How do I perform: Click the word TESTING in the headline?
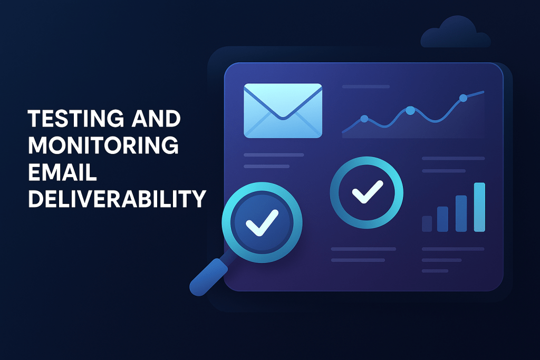[76, 119]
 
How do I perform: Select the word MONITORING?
[103, 145]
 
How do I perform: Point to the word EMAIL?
[62, 172]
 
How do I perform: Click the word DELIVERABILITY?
[117, 199]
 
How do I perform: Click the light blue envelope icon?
[283, 111]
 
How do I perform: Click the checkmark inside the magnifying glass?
[262, 223]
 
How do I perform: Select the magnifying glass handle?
[209, 277]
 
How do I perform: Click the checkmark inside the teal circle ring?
[368, 191]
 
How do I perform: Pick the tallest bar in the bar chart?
[479, 207]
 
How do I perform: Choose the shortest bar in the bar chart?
[427, 223]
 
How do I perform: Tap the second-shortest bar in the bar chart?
[442, 219]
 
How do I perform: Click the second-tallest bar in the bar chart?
[461, 213]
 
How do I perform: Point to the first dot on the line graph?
[364, 119]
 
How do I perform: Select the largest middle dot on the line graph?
[410, 111]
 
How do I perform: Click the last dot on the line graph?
[463, 98]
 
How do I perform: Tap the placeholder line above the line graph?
[366, 87]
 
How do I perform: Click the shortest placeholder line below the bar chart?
[435, 271]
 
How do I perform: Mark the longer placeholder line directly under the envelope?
[274, 155]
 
